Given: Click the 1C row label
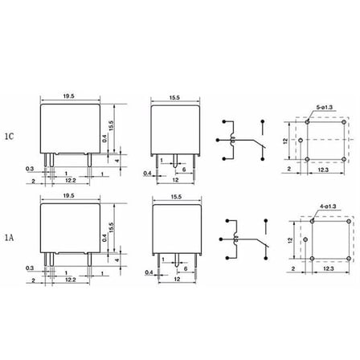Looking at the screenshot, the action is pos(9,137).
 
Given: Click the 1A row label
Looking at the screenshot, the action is pos(9,237).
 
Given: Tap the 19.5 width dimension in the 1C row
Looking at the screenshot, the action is pos(68,96).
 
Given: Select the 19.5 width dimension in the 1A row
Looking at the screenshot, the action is pos(68,195).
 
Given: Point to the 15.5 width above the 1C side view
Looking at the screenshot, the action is pos(174,98).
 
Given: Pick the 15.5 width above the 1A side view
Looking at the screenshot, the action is pos(176,197).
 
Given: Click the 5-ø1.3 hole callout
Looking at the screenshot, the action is pos(325,108).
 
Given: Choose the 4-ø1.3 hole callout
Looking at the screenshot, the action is pos(328,207).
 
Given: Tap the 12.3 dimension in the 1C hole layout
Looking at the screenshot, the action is pos(323,170).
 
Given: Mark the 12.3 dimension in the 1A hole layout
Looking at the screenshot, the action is pos(329,268).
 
